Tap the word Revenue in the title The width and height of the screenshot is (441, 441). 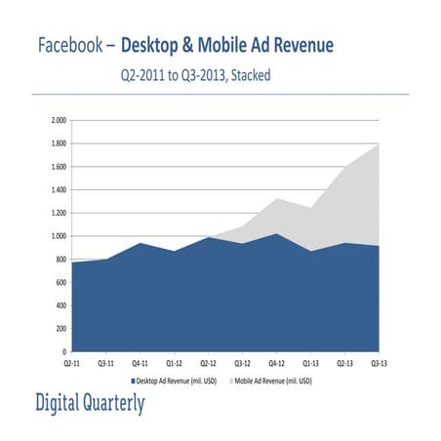(300, 45)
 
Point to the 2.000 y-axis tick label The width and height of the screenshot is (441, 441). (58, 121)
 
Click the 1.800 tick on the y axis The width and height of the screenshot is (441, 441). (58, 143)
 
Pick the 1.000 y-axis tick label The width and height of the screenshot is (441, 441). (58, 236)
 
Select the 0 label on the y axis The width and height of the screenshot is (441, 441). (63, 351)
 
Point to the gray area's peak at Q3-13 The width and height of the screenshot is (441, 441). (379, 144)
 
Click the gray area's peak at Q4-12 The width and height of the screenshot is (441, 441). (278, 198)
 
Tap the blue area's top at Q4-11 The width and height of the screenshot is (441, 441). (141, 243)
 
